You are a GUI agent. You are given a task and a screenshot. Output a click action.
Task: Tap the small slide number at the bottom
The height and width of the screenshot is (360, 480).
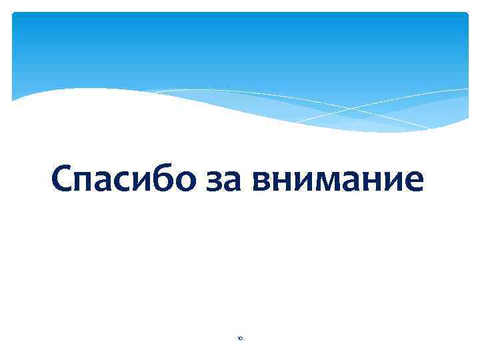[239, 339]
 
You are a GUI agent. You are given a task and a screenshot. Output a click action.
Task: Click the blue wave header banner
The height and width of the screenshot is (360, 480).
[240, 47]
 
